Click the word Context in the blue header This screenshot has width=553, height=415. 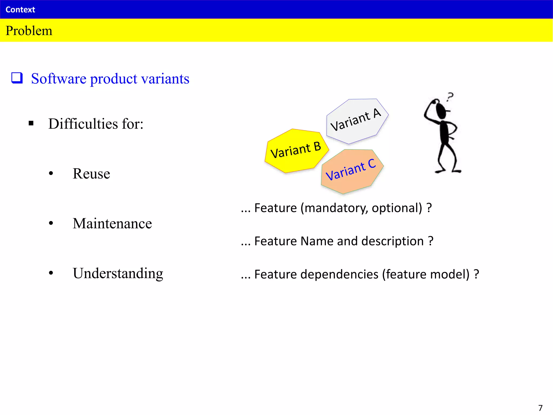pyautogui.click(x=20, y=10)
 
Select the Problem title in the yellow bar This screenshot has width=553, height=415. pyautogui.click(x=29, y=31)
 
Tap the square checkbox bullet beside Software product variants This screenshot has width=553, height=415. pyautogui.click(x=17, y=78)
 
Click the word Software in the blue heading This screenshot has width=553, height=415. pyautogui.click(x=59, y=79)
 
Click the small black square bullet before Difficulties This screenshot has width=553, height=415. pyautogui.click(x=31, y=123)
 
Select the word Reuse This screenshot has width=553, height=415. pyautogui.click(x=91, y=173)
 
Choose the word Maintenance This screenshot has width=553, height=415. pyautogui.click(x=112, y=223)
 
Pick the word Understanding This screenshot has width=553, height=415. pyautogui.click(x=118, y=273)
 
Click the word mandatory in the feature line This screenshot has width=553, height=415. pyautogui.click(x=336, y=208)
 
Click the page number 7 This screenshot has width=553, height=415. pyautogui.click(x=540, y=408)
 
